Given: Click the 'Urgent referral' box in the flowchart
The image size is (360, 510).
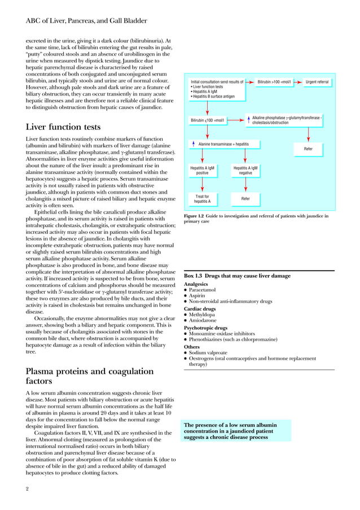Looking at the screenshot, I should [x=317, y=82].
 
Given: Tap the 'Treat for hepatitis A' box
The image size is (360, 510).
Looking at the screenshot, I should [x=202, y=198].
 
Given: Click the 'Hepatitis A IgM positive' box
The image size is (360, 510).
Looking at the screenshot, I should [x=202, y=171].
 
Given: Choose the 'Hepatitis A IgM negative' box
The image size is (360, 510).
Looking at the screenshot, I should [x=245, y=171].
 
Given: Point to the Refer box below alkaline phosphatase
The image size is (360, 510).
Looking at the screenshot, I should [x=308, y=149].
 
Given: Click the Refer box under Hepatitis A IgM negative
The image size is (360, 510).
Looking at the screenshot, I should [x=245, y=199].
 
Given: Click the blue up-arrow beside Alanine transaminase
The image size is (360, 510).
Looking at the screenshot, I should [x=194, y=144].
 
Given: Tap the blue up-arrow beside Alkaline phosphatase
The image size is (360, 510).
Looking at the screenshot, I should [x=248, y=119].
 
